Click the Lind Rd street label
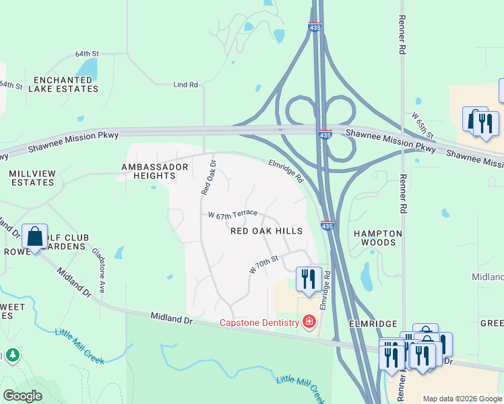pyautogui.click(x=185, y=85)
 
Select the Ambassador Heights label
pyautogui.click(x=148, y=171)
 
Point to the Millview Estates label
pyautogui.click(x=32, y=178)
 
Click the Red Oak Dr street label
pyautogui.click(x=209, y=178)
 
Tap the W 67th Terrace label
pyautogui.click(x=232, y=215)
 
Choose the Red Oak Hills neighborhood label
pyautogui.click(x=266, y=230)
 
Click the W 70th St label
pyautogui.click(x=263, y=264)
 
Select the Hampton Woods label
pyautogui.click(x=378, y=238)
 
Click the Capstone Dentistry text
pyautogui.click(x=259, y=323)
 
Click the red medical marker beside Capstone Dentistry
pyautogui.click(x=309, y=323)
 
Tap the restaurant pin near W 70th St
pyautogui.click(x=309, y=279)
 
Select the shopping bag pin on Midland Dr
pyautogui.click(x=34, y=237)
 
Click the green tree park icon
pyautogui.click(x=11, y=355)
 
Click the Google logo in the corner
pyautogui.click(x=22, y=396)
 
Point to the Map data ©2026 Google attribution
pyautogui.click(x=462, y=399)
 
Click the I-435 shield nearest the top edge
pyautogui.click(x=315, y=27)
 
